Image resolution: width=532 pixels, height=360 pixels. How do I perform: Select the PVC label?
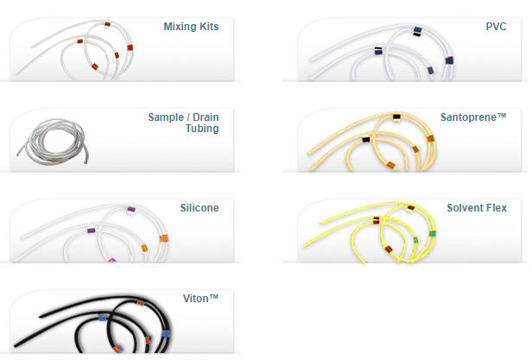497,27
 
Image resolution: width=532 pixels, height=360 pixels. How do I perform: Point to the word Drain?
205,117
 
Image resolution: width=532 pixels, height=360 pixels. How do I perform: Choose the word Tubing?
200,129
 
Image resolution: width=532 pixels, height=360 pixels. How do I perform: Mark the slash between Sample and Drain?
187,117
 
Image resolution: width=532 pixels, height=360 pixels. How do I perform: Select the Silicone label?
199,207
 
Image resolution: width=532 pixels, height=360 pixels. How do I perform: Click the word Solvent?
465,207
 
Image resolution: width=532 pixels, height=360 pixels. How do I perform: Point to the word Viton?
194,298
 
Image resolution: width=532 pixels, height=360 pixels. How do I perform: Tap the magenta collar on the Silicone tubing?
111,258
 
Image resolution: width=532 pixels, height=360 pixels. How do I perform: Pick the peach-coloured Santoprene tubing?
363,147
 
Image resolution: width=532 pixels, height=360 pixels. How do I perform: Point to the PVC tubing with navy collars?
371,56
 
